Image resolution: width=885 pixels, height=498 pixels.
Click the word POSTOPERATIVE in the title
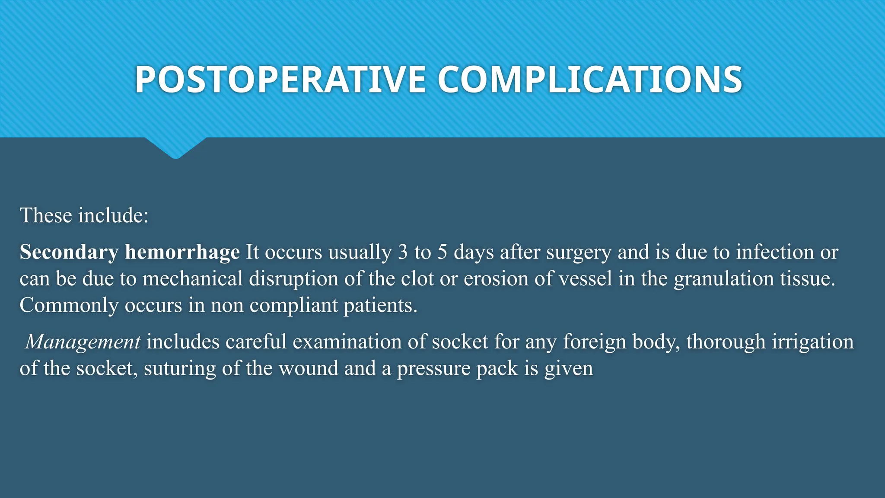coord(280,80)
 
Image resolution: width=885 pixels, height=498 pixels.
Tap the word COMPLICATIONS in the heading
coord(590,80)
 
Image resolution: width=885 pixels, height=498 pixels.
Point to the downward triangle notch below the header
coord(175,148)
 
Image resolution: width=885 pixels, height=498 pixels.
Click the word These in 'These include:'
coord(46,215)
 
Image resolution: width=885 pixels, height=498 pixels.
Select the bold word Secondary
coord(69,252)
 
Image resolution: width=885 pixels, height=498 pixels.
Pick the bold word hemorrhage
coord(182,252)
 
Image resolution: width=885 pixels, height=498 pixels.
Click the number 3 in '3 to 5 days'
coord(403,252)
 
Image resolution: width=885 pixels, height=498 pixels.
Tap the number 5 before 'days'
coord(442,252)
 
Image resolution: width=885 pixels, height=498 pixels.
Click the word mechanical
coord(193,279)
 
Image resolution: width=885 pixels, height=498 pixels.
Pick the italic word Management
coord(83,342)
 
